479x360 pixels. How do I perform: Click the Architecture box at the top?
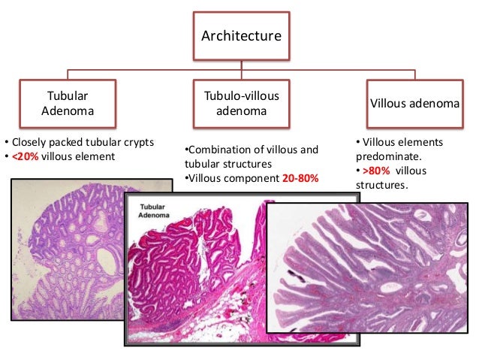pyautogui.click(x=240, y=35)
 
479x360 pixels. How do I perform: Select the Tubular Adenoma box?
pyautogui.click(x=68, y=104)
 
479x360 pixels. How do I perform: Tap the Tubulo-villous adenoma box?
pyautogui.click(x=240, y=104)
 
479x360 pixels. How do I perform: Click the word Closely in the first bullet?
pyautogui.click(x=29, y=141)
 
